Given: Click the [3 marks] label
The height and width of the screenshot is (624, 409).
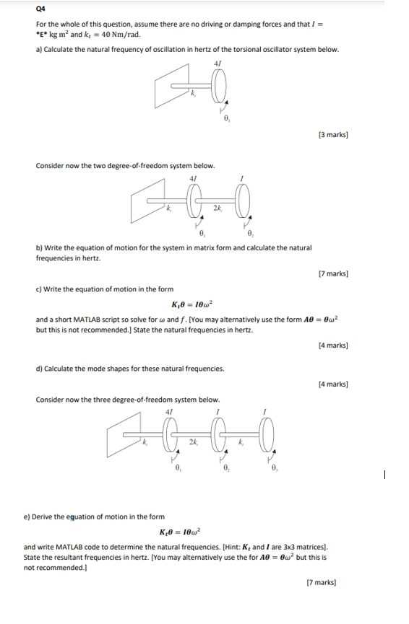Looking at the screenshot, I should point(332,133).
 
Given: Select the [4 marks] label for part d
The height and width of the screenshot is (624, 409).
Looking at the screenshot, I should point(332,383).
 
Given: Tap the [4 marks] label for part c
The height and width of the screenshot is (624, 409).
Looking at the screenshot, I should point(332,345).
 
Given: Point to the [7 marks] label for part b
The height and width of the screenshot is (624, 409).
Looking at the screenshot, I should point(332,273).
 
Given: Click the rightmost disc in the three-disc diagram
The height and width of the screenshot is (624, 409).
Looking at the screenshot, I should point(268,436).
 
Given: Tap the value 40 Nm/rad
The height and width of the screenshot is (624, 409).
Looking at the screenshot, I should point(116,34).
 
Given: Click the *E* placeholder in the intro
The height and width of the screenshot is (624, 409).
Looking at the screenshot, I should point(43,34).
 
